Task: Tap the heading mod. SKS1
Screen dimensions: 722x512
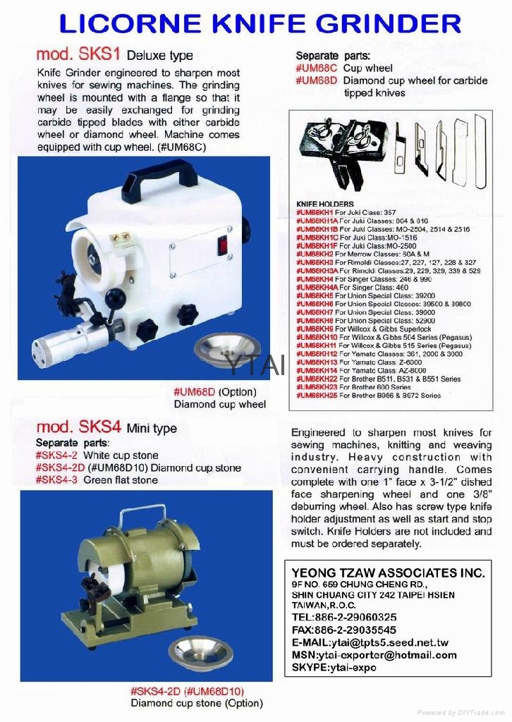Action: point(70,54)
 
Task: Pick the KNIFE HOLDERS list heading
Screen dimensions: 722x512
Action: point(325,204)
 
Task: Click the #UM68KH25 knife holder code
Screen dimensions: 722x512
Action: point(316,396)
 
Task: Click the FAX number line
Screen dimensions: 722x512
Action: point(343,630)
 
